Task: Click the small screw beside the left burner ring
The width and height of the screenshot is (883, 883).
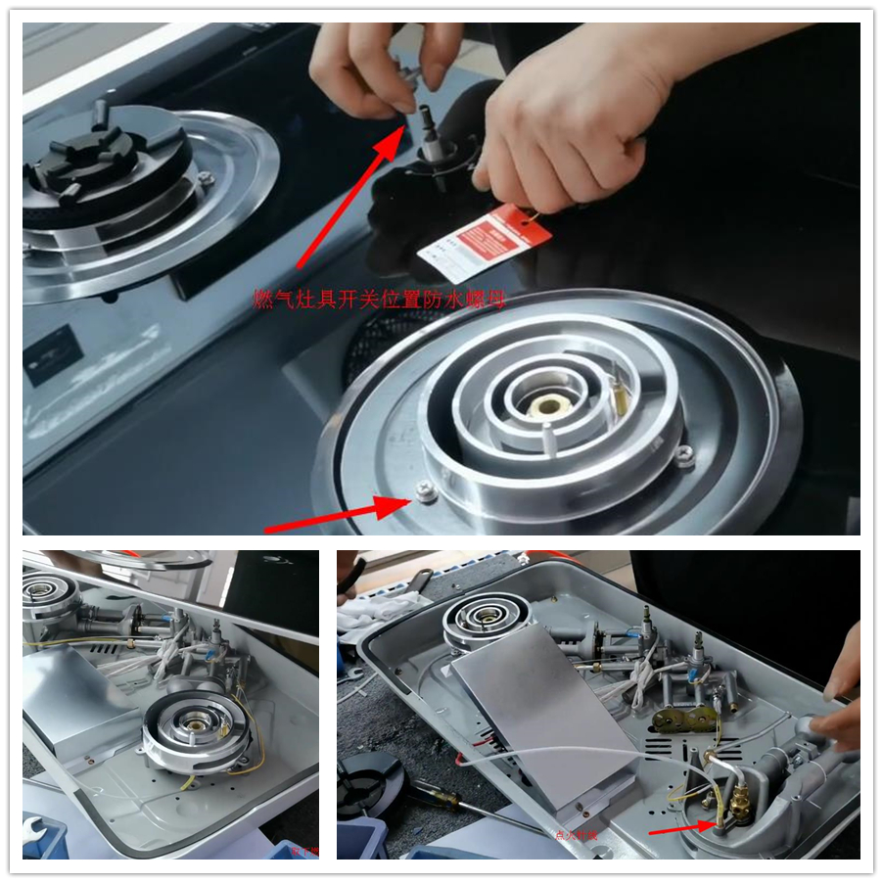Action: [x=205, y=179]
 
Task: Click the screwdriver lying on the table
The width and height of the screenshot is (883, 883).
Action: [x=460, y=807]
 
